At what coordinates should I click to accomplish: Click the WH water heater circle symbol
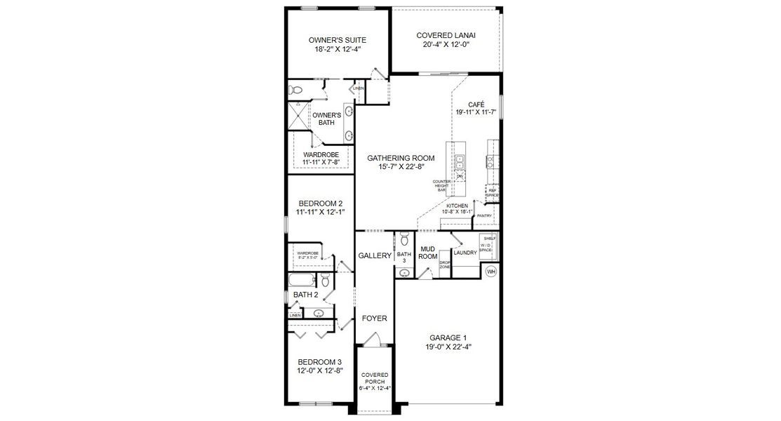[491, 271]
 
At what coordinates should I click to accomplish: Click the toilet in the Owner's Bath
[295, 91]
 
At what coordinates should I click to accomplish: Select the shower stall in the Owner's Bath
[298, 116]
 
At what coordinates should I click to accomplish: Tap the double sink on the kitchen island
[460, 163]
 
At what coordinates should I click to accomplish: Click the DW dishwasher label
[460, 175]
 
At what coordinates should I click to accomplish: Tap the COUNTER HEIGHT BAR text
[442, 185]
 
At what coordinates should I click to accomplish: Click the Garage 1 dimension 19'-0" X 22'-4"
[448, 347]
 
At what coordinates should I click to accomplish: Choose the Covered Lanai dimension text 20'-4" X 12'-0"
[446, 44]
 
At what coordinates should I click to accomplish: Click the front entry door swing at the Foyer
[374, 340]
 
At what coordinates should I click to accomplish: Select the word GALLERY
[374, 256]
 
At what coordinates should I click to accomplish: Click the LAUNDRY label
[465, 253]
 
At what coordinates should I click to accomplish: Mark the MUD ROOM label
[428, 253]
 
